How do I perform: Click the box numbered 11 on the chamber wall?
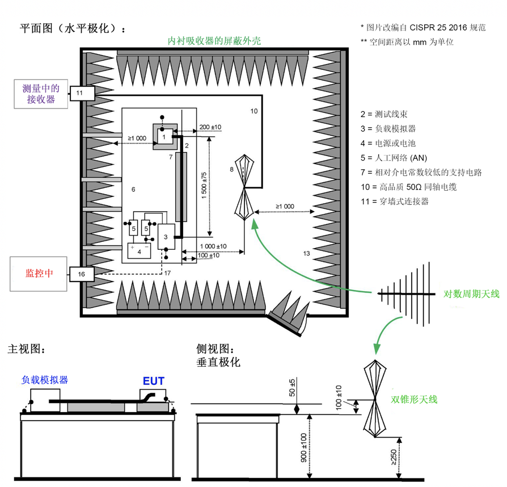point(79,92)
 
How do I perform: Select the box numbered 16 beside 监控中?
point(81,274)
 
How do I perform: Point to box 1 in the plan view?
point(163,137)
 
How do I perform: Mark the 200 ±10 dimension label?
point(210,127)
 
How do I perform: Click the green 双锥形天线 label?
point(414,399)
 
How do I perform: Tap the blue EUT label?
point(153,381)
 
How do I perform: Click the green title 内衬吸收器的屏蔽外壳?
point(214,41)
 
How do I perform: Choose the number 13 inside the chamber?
point(307,253)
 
